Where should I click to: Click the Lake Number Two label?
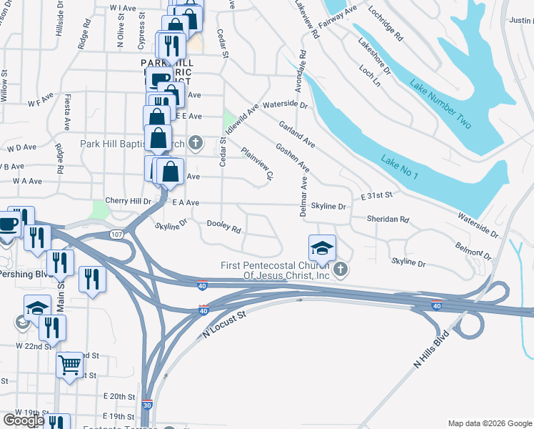click(x=440, y=104)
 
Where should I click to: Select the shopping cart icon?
click(x=70, y=365)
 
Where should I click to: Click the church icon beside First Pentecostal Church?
click(x=341, y=270)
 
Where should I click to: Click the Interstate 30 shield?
click(x=147, y=404)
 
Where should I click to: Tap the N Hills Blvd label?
click(x=433, y=350)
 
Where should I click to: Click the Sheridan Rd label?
click(x=388, y=220)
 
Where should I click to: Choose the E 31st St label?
click(x=377, y=195)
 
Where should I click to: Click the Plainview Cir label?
click(x=258, y=164)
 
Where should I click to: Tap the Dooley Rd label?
click(x=223, y=227)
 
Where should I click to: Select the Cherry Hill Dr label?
click(x=128, y=202)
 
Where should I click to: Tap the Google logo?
click(x=23, y=420)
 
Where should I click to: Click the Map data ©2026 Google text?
click(x=489, y=423)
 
